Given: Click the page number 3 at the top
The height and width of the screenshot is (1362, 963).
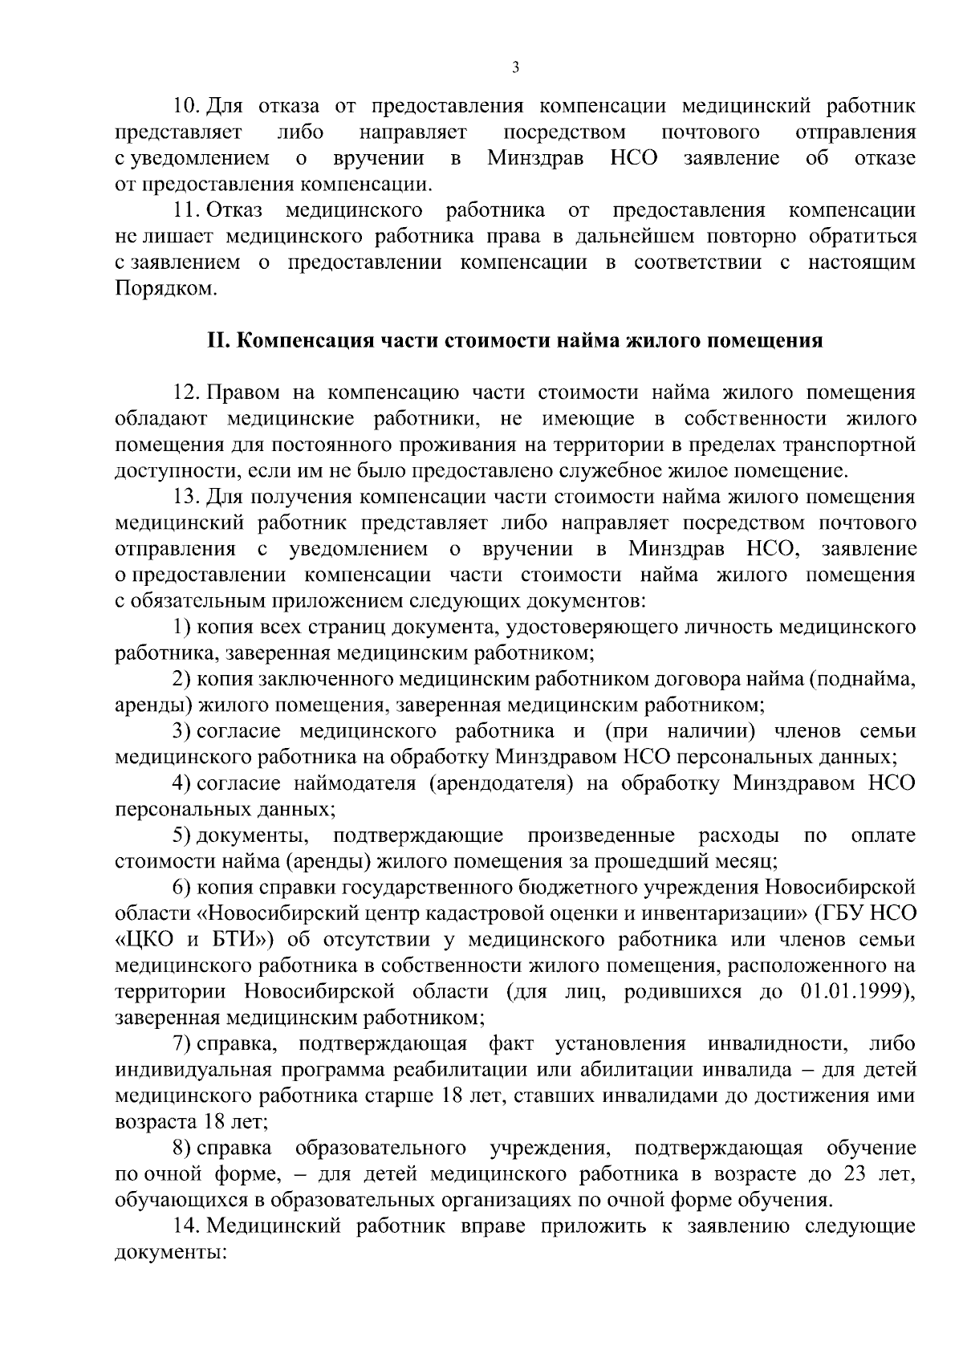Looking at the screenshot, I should coord(515,68).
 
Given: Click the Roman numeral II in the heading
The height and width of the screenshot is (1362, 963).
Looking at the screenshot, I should coord(219,341).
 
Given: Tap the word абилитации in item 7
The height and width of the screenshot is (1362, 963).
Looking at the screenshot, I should coord(637,1071).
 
